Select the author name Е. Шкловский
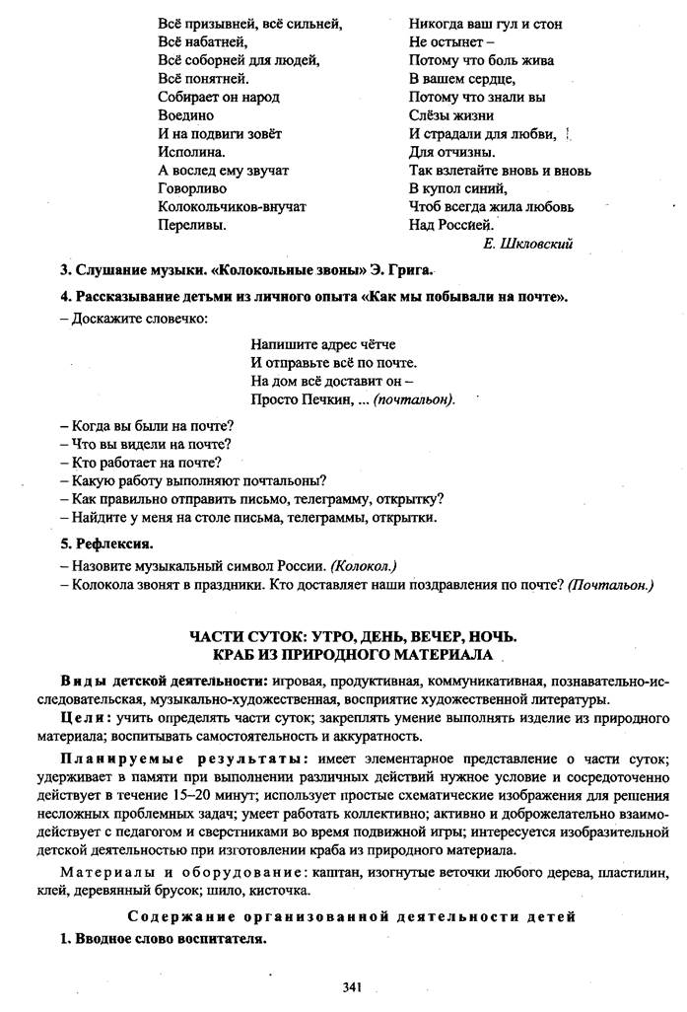(529, 243)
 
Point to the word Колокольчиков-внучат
(232, 207)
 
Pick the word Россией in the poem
(465, 225)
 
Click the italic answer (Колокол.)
(362, 565)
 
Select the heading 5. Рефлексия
(106, 543)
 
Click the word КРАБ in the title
(235, 655)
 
